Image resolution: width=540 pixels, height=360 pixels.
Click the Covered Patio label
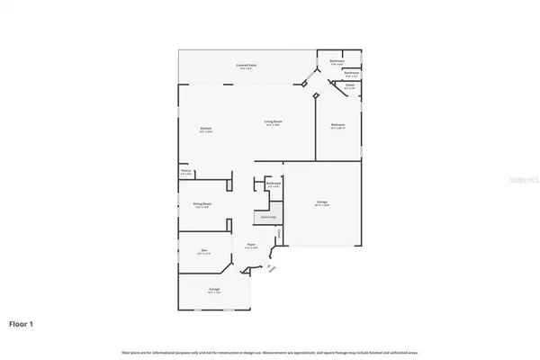pos(243,66)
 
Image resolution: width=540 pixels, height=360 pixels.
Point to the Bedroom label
pos(338,125)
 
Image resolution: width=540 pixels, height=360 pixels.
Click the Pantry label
pos(185,170)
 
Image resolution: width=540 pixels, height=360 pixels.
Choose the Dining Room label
pos(202,204)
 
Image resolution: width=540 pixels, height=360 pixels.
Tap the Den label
pos(203,251)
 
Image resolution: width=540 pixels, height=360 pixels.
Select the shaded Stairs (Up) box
pos(268,217)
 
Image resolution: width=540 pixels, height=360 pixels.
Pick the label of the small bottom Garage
pos(214,290)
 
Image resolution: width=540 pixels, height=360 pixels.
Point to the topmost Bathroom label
pos(337,62)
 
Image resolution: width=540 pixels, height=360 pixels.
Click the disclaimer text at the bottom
pos(270,349)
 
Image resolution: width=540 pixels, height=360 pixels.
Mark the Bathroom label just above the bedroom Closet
pos(352,73)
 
